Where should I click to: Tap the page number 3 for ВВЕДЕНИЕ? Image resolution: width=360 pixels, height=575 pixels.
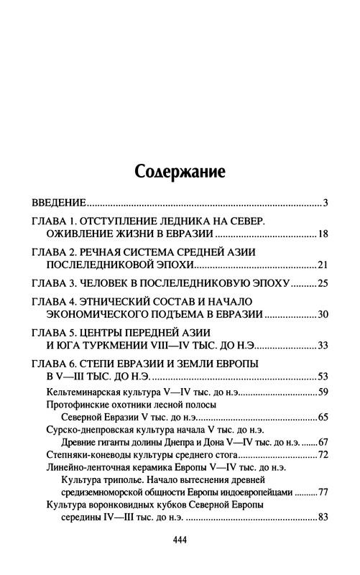point(326,202)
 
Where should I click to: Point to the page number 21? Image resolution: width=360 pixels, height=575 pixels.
point(323,264)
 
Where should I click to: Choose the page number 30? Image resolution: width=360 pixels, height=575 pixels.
point(323,314)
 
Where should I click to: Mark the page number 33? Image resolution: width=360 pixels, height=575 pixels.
point(323,346)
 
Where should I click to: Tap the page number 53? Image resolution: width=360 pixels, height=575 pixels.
point(323,377)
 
